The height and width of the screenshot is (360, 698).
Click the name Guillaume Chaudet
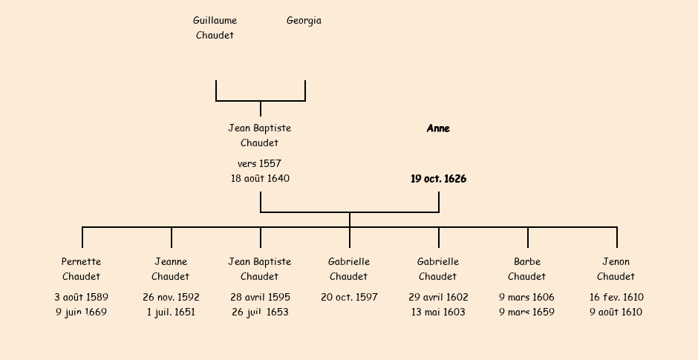click(x=215, y=28)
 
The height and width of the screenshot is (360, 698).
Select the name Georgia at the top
click(x=304, y=21)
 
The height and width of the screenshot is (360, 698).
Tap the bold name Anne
click(x=438, y=128)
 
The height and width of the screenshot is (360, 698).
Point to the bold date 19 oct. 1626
click(x=438, y=179)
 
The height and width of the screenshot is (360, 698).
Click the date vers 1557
click(x=259, y=163)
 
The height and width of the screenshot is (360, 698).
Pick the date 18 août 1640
click(x=260, y=179)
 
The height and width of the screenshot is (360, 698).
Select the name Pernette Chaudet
click(x=81, y=269)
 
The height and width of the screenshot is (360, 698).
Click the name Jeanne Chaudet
click(x=171, y=269)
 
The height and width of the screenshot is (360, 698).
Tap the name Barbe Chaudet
click(x=526, y=269)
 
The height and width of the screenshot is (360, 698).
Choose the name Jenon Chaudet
click(x=616, y=269)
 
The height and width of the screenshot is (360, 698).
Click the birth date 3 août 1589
click(x=81, y=297)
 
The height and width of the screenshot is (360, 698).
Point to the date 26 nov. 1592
click(x=171, y=297)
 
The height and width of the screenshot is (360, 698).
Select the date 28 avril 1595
click(x=260, y=297)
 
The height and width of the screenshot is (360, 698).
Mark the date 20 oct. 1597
click(x=349, y=297)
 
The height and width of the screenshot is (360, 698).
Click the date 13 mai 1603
click(x=438, y=312)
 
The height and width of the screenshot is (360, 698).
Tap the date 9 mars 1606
click(x=526, y=297)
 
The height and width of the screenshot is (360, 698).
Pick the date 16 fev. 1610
click(x=616, y=297)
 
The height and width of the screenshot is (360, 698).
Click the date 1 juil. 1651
click(x=171, y=312)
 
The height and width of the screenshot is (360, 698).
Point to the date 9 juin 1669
click(x=81, y=312)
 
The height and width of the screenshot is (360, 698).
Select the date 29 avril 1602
click(x=438, y=297)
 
